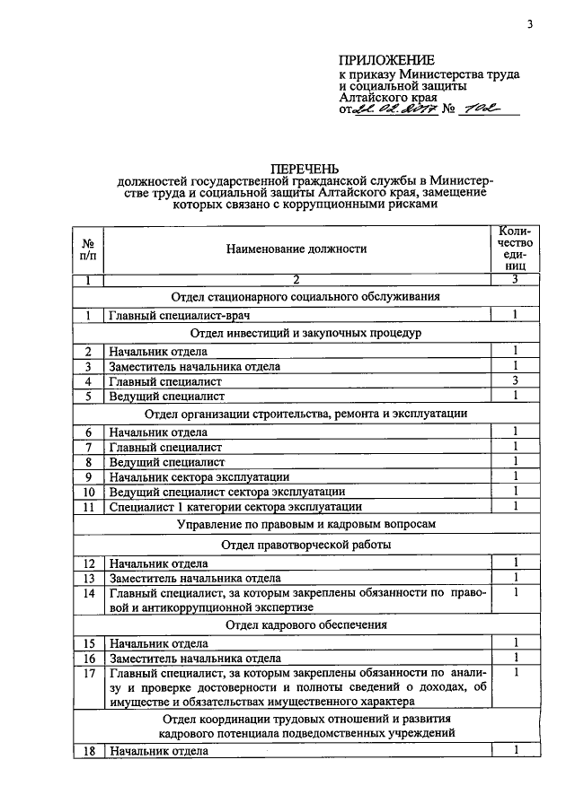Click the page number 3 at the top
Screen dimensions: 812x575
click(x=530, y=24)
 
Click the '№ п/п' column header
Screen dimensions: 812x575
click(x=88, y=248)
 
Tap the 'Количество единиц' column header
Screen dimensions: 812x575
click(x=516, y=248)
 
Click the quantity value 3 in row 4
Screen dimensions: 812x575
click(x=516, y=380)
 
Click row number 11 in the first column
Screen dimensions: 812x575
click(x=88, y=507)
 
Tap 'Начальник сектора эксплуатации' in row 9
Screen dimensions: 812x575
click(x=199, y=477)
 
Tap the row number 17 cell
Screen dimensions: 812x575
click(x=88, y=673)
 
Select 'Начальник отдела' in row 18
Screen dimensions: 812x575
click(x=158, y=751)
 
